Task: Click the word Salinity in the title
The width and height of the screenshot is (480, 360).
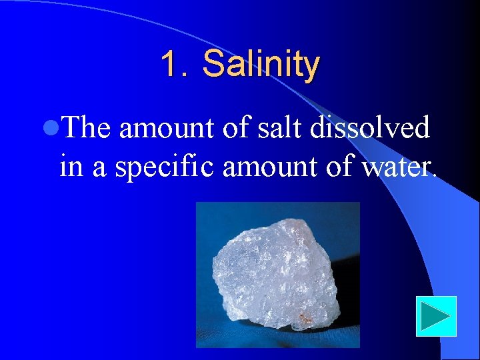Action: tap(261, 65)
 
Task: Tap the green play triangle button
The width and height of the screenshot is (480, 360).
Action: tap(436, 316)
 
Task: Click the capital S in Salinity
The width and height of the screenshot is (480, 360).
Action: tap(213, 65)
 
